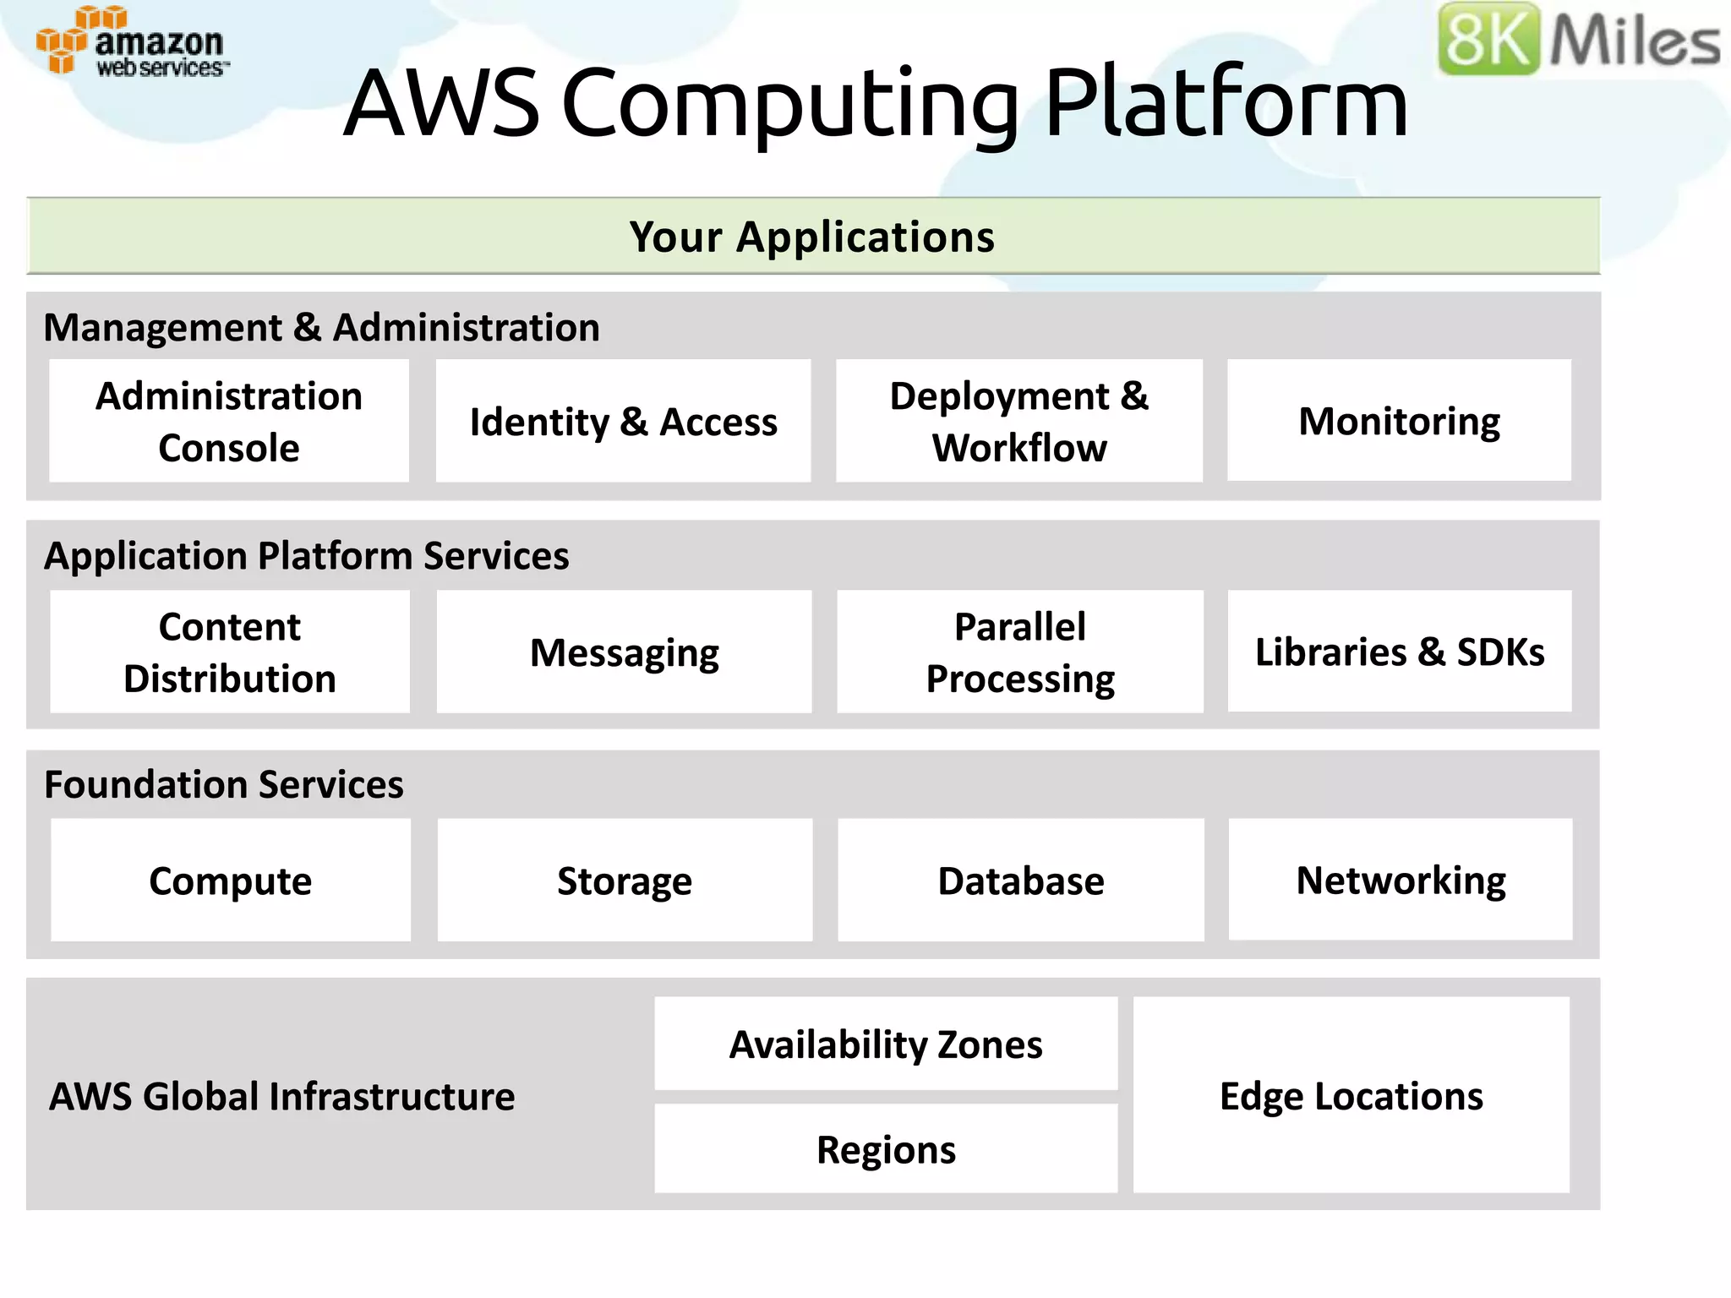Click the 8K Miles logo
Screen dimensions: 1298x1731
tap(1577, 39)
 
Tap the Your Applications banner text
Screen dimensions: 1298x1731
tap(812, 237)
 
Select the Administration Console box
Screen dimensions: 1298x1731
tap(229, 421)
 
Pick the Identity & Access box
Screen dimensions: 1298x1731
tap(623, 421)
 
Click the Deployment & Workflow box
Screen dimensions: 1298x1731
tap(1018, 421)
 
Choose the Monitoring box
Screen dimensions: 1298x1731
tap(1399, 421)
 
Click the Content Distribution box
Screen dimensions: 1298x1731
tap(229, 652)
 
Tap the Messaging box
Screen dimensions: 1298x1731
tap(624, 652)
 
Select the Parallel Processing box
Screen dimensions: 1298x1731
tap(1019, 652)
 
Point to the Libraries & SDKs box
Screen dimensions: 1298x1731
tap(1400, 652)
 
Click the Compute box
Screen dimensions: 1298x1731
tap(230, 880)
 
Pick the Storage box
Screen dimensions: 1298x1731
tap(625, 880)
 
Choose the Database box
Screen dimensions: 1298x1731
tap(1020, 880)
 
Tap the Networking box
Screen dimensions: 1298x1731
tap(1401, 880)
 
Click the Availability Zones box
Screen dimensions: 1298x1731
tap(886, 1044)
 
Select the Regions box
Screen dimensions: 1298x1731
tap(886, 1149)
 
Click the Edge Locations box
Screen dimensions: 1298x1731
tap(1351, 1095)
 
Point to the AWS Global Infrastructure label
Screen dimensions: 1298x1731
tap(281, 1096)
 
